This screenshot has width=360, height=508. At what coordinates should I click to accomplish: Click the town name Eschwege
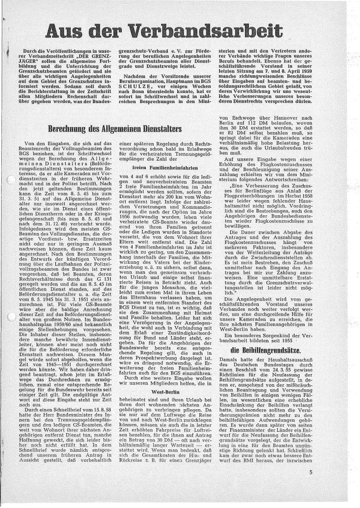245,120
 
